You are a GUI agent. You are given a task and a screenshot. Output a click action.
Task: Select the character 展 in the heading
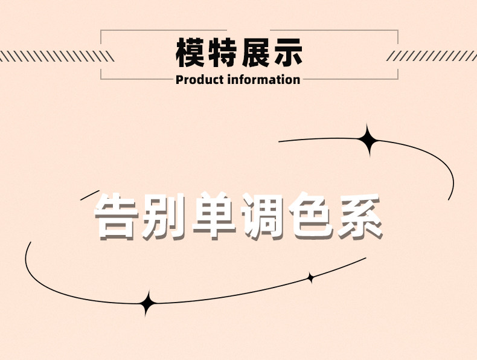[x=256, y=53]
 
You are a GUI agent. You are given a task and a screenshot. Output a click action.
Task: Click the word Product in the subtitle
[x=200, y=80]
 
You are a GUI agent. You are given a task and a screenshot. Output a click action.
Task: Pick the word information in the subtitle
[x=264, y=80]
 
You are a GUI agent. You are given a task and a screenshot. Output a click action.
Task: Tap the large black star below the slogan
[x=147, y=303]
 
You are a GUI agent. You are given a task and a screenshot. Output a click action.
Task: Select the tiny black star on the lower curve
[x=310, y=278]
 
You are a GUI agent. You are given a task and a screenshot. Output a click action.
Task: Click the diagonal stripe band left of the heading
[x=57, y=56]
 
